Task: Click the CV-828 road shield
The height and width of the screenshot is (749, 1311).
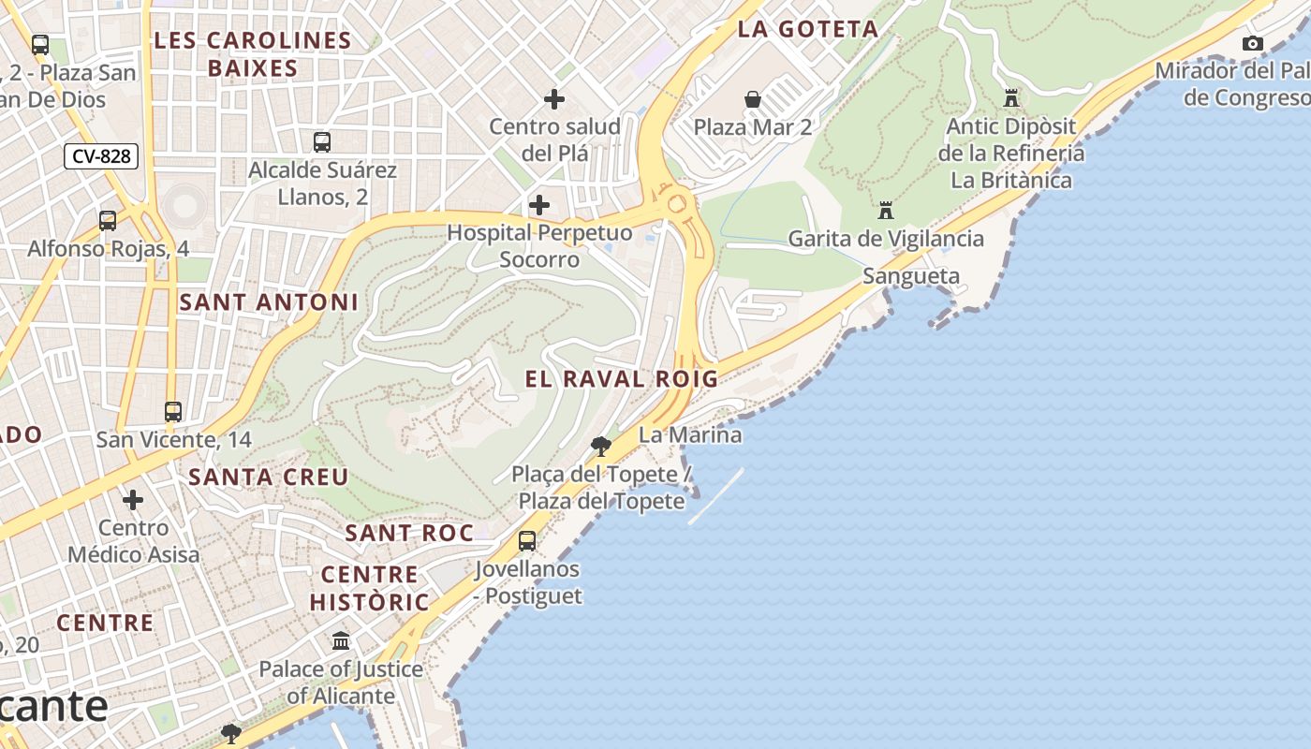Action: pos(101,156)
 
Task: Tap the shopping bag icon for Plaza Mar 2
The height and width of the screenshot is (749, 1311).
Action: pos(752,99)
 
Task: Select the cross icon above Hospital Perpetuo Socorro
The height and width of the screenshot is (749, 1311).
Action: pos(539,205)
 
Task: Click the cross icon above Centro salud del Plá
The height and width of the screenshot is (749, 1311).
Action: pos(554,98)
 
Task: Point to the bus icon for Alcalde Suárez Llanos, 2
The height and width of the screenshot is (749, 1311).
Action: pos(322,142)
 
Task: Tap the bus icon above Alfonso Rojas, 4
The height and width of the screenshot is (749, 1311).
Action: pos(108,221)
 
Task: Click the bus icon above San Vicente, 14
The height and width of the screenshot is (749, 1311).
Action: pos(172,412)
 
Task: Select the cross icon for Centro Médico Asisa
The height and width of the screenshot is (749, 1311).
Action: pos(133,500)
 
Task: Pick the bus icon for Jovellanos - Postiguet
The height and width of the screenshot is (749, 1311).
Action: pos(527,541)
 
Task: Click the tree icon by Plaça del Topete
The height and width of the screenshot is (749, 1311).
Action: pos(601,447)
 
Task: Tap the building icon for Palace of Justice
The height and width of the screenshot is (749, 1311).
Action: pos(341,641)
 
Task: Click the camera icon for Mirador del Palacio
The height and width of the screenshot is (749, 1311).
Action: pos(1252,43)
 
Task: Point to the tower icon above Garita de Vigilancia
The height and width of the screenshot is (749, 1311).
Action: pos(886,211)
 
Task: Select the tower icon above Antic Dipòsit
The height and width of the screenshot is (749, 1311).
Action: pos(1010,97)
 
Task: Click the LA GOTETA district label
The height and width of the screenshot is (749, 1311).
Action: pos(807,29)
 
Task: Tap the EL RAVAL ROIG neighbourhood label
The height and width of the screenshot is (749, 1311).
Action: pos(622,379)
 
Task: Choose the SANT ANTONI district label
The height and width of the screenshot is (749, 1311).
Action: pos(269,302)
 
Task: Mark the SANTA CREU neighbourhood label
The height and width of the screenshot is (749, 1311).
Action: pos(269,477)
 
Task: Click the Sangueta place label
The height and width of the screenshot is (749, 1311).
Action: pos(911,276)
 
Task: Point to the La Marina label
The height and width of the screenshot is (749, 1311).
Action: pos(690,435)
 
